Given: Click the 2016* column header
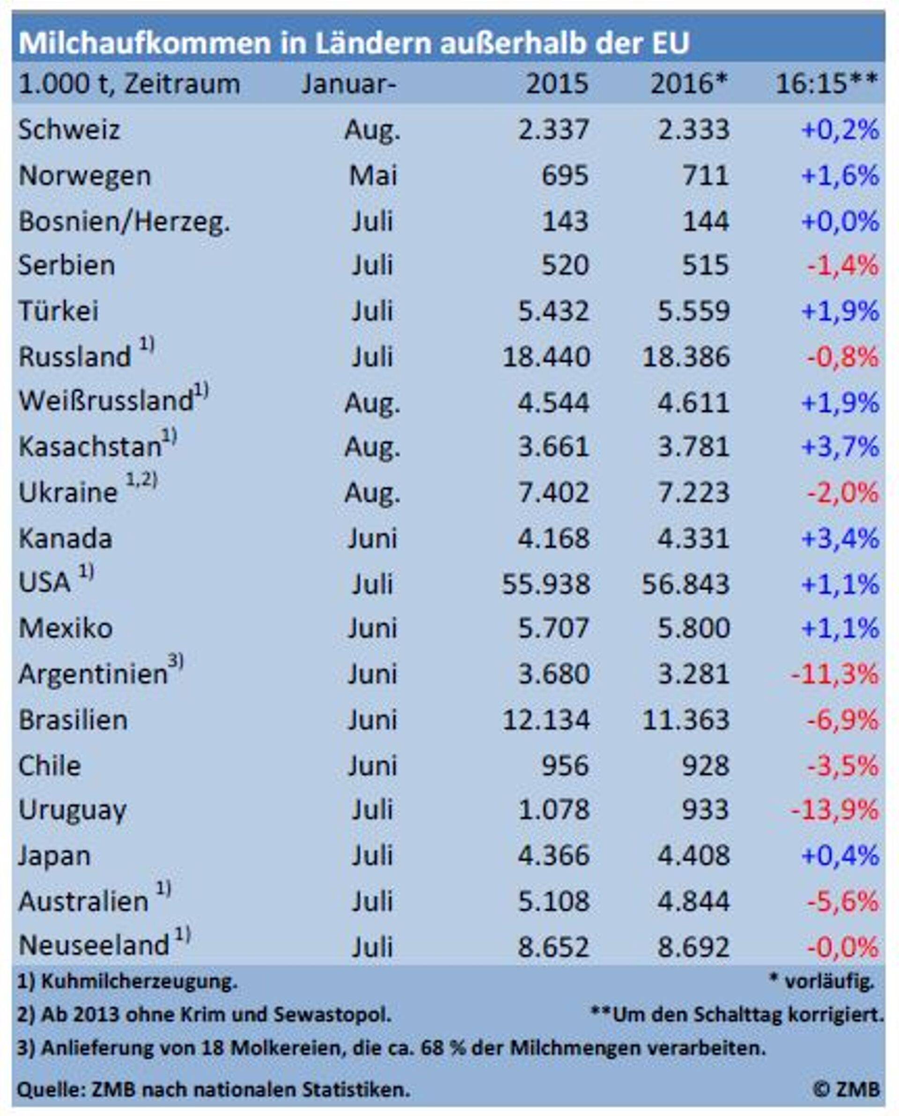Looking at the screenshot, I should click(x=688, y=84).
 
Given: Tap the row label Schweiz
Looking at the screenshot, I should click(x=69, y=129).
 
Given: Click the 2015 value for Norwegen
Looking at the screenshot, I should click(x=565, y=176).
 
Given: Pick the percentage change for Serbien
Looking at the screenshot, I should click(x=842, y=266).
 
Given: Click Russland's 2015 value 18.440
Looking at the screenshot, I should click(x=546, y=357).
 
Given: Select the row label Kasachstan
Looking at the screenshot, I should click(x=90, y=447).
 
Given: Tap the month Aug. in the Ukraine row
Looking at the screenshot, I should click(x=372, y=493).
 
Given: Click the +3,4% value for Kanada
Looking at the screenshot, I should click(x=840, y=539).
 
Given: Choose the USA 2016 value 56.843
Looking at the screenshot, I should click(x=685, y=584).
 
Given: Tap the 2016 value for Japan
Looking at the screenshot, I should click(x=693, y=856).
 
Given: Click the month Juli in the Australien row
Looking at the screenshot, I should click(x=372, y=902).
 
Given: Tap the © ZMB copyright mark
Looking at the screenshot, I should click(x=846, y=1089).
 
